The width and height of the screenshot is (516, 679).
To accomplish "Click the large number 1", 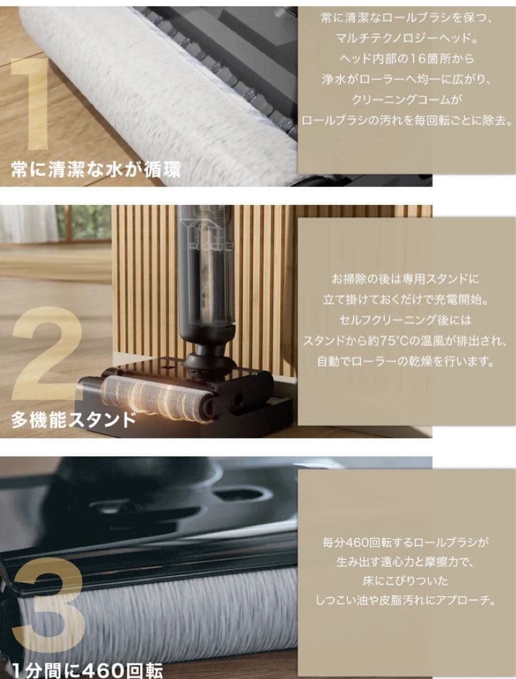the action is point(30,103).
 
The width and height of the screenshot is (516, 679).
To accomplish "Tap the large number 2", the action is point(45,353).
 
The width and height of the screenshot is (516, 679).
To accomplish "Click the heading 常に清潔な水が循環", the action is point(96,168).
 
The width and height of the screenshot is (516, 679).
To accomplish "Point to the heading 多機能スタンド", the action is point(74,419).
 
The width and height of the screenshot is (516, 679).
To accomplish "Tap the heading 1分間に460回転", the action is point(87,670).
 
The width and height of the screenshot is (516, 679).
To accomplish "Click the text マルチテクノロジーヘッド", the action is point(407,38).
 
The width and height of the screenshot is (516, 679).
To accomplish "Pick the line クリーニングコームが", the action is point(407,99).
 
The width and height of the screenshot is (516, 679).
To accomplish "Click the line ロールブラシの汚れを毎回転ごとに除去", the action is point(407,120).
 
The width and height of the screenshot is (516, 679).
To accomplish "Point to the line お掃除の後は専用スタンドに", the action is point(405,279).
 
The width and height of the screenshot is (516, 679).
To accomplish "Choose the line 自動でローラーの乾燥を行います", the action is point(405,361).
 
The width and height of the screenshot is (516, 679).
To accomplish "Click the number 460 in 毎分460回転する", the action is point(357,542).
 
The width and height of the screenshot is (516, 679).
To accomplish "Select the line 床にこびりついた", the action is point(405,580).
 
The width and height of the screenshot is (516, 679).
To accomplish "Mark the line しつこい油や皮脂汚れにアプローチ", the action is point(405,600).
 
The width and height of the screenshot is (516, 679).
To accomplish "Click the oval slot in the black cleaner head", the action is point(239,494).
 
